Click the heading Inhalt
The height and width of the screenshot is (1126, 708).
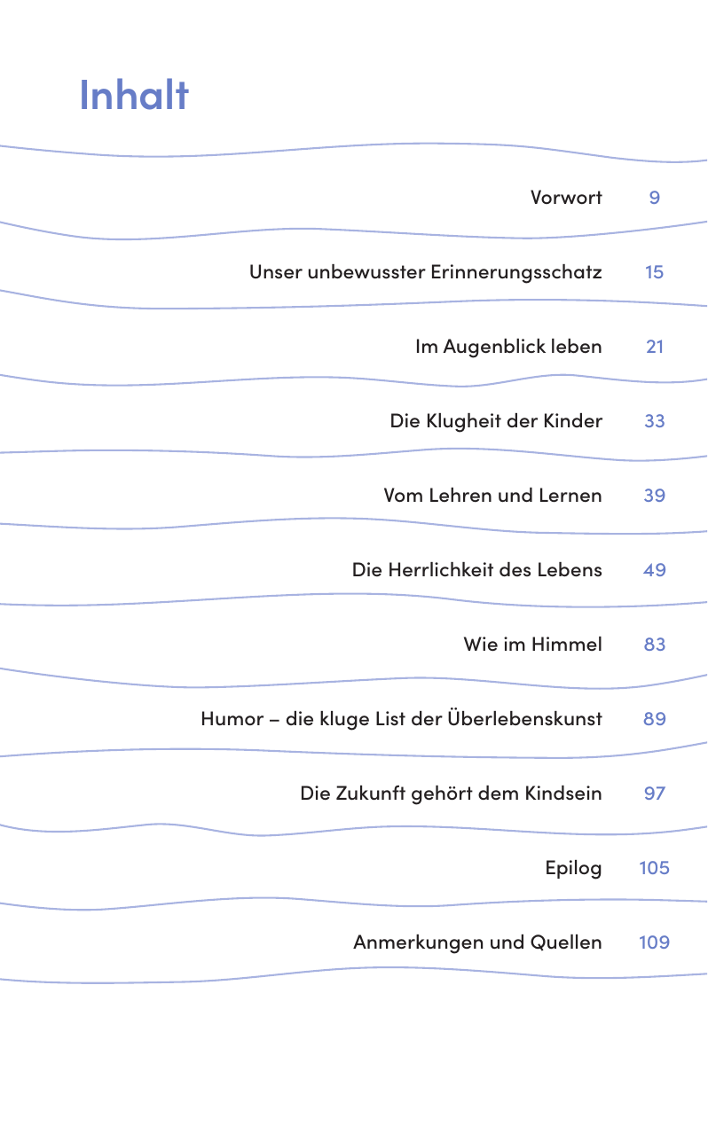pos(134,95)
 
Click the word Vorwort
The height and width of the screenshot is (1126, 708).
pos(566,198)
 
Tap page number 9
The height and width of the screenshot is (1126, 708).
pos(654,198)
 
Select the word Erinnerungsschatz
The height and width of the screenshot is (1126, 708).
pos(516,272)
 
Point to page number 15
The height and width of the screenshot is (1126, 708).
pos(654,272)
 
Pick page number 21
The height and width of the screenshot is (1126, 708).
pos(655,347)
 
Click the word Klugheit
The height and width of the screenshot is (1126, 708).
pos(464,421)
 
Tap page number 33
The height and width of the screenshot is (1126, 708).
pos(654,421)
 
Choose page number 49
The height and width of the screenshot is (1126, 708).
pos(654,570)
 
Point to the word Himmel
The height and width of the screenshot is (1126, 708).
pos(567,645)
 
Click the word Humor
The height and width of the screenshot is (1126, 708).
pos(232,719)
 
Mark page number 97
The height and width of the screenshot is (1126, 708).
pos(654,794)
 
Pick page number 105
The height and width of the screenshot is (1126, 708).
pos(654,868)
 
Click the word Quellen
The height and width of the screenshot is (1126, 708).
pos(566,942)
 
